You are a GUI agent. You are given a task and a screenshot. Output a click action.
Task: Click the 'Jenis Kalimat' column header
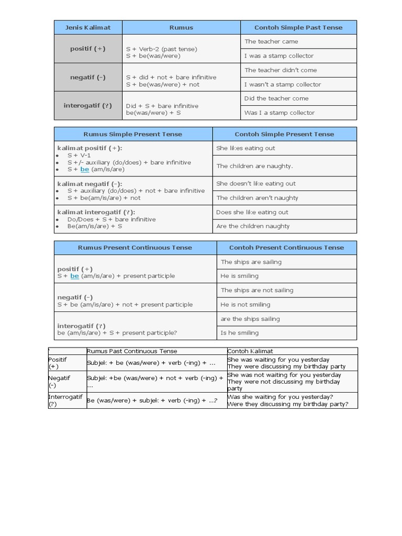[88, 28]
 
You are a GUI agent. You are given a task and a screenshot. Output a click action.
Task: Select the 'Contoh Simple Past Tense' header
[298, 28]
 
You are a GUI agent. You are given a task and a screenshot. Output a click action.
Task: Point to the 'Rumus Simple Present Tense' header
[133, 134]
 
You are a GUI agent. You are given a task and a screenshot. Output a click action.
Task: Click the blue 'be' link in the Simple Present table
[85, 170]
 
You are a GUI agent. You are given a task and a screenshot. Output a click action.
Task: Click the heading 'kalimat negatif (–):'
[90, 184]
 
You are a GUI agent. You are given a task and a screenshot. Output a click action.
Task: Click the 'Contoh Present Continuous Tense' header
[286, 248]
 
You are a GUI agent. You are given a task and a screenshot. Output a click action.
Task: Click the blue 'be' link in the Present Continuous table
[74, 276]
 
